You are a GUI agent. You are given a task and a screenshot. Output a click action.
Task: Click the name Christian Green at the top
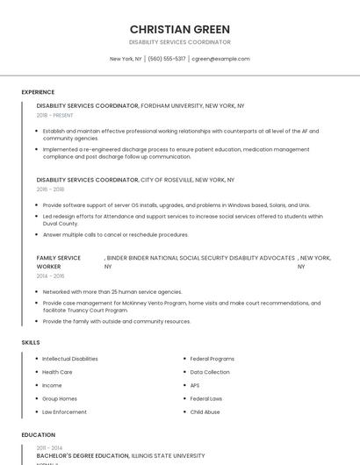click(x=179, y=29)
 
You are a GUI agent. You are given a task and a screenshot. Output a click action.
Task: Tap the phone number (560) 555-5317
click(x=167, y=59)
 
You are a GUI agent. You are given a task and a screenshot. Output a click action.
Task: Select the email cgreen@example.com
click(x=220, y=59)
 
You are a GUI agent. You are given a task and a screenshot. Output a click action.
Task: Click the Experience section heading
click(x=38, y=92)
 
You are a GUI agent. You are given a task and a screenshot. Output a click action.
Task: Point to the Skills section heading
click(x=30, y=342)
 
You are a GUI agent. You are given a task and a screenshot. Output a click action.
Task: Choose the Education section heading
click(x=38, y=434)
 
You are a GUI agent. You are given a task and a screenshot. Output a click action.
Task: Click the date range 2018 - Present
click(x=56, y=115)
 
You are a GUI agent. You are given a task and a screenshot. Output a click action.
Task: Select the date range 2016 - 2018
click(x=50, y=189)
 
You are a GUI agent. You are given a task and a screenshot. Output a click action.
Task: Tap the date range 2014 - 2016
click(x=50, y=275)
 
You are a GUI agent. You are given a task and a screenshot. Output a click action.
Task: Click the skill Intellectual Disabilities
click(x=70, y=359)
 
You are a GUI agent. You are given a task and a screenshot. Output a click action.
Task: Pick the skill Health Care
click(x=57, y=372)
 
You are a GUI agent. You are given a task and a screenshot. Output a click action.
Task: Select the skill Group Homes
click(x=60, y=398)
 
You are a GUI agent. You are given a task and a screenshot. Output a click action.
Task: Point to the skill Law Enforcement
click(x=64, y=411)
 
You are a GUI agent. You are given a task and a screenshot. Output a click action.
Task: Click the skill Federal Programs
click(x=212, y=359)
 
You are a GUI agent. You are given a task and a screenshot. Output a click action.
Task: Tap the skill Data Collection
click(x=210, y=372)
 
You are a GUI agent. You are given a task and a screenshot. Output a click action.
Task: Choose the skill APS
click(x=195, y=385)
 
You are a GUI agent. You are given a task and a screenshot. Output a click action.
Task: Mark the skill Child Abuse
click(x=205, y=411)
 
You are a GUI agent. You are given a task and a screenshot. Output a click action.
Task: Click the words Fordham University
click(x=171, y=105)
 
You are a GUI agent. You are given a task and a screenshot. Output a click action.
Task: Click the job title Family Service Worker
click(x=58, y=261)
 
